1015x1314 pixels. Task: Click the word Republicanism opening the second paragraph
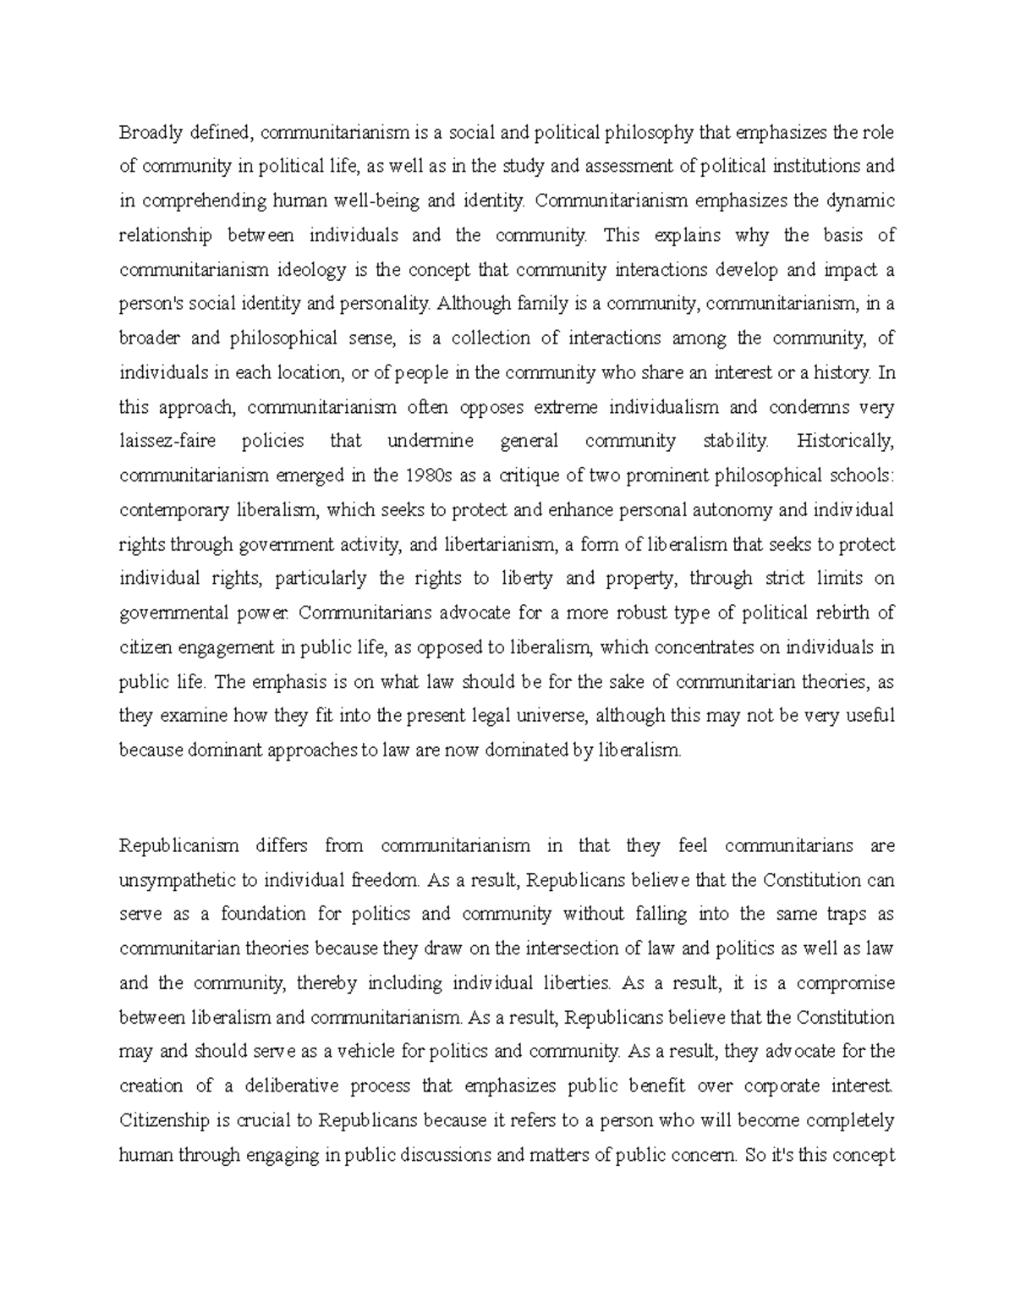coord(179,845)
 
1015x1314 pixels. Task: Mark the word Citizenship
coord(163,1121)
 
